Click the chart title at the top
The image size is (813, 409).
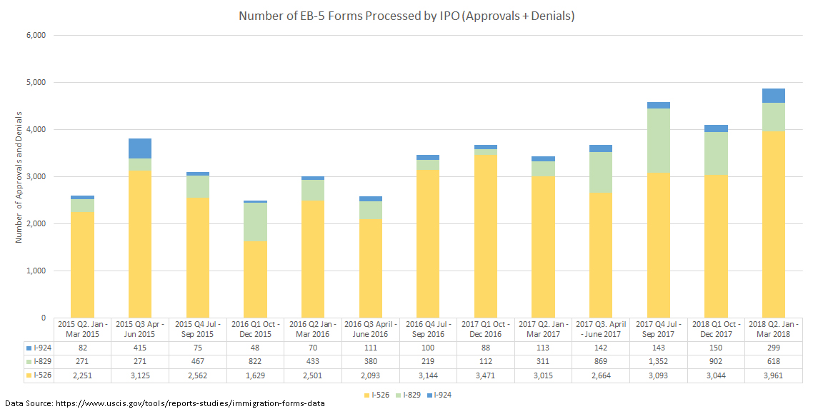(406, 16)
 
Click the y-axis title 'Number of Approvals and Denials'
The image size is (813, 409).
(19, 177)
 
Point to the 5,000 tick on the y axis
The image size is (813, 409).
(35, 83)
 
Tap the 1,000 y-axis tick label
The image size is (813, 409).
(35, 271)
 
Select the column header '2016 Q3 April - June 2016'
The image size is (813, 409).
(371, 329)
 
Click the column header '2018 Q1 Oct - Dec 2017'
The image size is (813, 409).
(715, 329)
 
